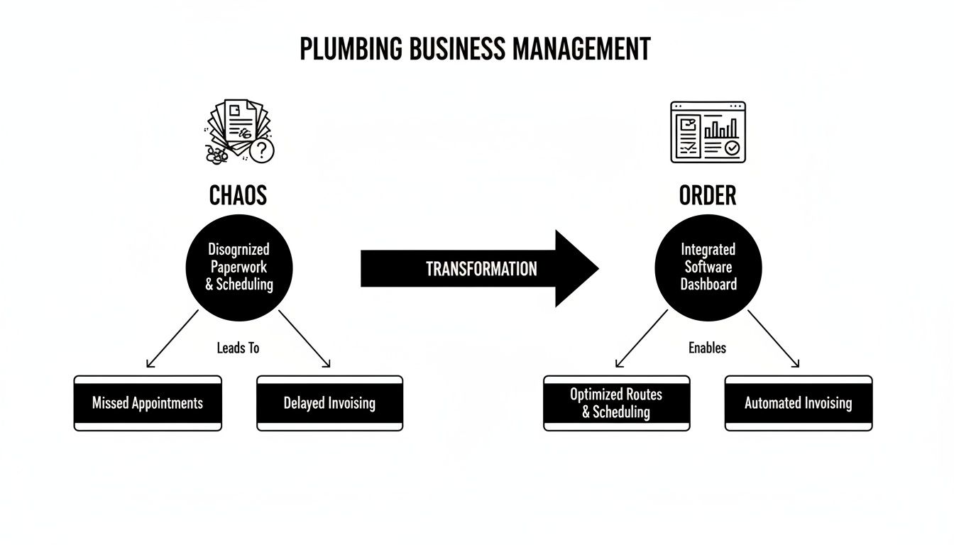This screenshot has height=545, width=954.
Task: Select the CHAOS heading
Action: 238,195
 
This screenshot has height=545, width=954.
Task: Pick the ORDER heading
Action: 708,195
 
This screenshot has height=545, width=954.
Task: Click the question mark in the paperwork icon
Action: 262,150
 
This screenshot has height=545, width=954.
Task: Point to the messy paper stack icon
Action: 236,131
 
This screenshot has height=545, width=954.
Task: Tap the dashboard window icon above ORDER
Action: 708,132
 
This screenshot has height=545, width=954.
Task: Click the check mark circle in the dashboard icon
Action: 731,148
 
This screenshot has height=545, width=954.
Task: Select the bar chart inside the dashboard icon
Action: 721,128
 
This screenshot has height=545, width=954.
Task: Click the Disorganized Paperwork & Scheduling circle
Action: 238,268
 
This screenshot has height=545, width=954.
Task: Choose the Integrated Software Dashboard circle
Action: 708,268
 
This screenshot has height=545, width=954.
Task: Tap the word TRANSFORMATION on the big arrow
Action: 481,269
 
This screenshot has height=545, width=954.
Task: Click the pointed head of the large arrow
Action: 579,268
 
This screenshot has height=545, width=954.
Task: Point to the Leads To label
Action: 238,348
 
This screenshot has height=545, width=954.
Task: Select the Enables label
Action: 707,348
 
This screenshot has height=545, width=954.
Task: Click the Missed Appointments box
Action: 148,403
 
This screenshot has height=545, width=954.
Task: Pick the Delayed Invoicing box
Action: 329,403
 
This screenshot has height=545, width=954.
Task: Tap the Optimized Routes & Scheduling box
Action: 616,403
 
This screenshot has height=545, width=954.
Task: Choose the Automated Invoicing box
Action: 798,403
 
